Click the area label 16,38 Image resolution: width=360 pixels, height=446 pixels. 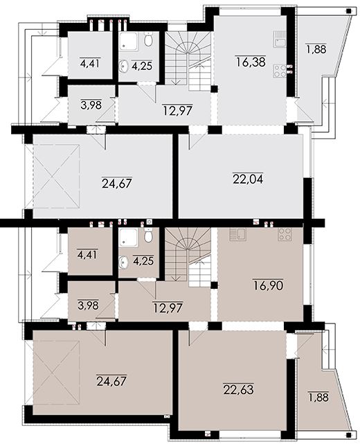[x=251, y=62]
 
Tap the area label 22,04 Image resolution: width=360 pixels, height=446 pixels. [x=248, y=179]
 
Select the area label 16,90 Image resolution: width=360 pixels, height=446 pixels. [x=268, y=285]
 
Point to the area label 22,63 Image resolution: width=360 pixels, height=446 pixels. [x=239, y=389]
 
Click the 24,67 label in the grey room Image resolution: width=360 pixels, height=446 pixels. [x=117, y=183]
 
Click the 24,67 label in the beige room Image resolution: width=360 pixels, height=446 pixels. [x=111, y=381]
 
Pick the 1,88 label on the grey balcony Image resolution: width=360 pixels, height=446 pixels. [x=316, y=49]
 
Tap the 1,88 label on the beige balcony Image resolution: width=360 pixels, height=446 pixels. [x=318, y=397]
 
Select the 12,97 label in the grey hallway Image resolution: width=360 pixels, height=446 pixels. [x=178, y=109]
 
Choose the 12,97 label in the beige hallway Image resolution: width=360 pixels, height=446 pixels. [x=168, y=307]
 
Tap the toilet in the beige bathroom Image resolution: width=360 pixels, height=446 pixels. [x=148, y=235]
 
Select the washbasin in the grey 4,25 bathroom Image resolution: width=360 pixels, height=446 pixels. [x=124, y=65]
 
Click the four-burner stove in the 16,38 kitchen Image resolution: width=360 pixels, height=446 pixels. [x=280, y=71]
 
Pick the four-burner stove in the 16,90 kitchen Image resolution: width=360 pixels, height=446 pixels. [x=285, y=234]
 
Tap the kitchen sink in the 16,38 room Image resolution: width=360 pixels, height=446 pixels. [x=280, y=39]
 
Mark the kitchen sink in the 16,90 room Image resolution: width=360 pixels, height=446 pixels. [x=238, y=234]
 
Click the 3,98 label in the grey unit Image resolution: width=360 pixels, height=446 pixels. [x=91, y=105]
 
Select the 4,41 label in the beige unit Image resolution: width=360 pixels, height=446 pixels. [x=87, y=253]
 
